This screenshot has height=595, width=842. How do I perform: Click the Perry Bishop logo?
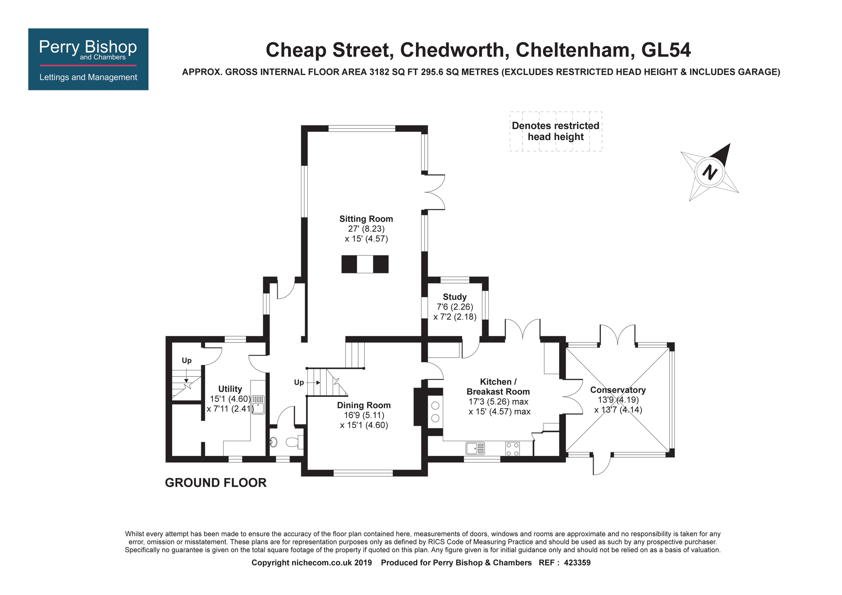click(x=88, y=59)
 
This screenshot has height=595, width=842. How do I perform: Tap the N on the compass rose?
click(x=710, y=172)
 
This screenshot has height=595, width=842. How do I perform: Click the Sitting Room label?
click(x=366, y=219)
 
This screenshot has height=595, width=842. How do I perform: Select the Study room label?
click(x=455, y=297)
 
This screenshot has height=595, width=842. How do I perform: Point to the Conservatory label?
click(x=618, y=390)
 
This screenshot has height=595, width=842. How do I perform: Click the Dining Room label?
click(x=364, y=405)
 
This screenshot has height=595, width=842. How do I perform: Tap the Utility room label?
click(x=230, y=389)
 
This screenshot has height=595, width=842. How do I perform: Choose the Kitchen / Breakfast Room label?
click(x=498, y=387)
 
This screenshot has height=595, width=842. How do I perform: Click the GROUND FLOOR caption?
click(x=216, y=483)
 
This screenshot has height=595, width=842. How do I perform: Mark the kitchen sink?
click(x=475, y=448)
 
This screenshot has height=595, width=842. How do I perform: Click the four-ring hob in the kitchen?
click(x=512, y=449)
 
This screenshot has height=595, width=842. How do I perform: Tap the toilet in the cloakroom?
click(x=294, y=442)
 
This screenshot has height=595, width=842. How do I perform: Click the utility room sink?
click(x=258, y=404)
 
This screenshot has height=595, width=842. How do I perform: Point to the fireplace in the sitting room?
click(x=365, y=264)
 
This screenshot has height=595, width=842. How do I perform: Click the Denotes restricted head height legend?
click(x=556, y=131)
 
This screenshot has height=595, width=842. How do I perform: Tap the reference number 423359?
click(x=577, y=563)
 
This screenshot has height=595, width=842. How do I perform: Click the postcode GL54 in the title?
click(x=666, y=50)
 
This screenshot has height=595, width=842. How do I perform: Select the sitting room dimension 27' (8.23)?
click(x=366, y=229)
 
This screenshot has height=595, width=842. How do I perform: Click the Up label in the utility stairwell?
click(x=187, y=361)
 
